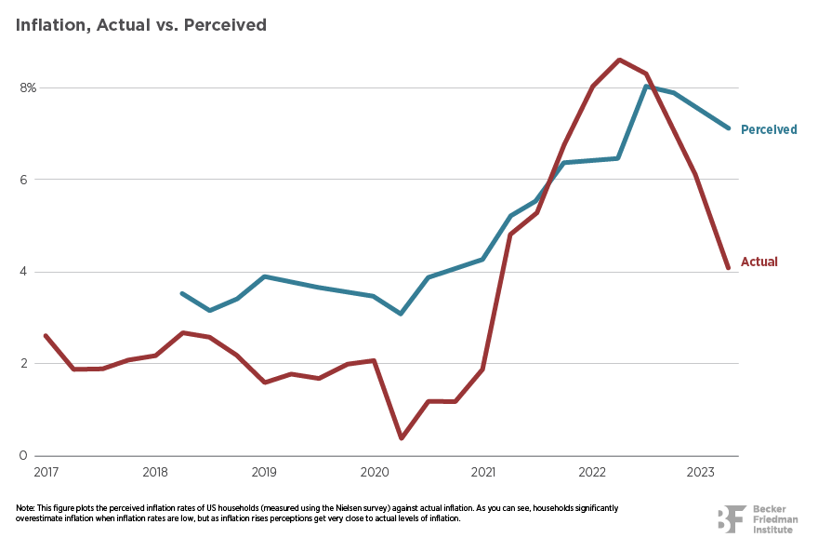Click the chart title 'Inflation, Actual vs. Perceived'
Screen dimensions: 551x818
click(141, 25)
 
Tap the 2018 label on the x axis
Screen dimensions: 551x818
click(154, 472)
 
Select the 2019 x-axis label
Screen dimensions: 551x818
click(264, 472)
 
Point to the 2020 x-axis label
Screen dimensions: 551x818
click(374, 472)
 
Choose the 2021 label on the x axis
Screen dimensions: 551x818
click(483, 472)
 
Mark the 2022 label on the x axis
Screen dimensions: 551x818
click(593, 472)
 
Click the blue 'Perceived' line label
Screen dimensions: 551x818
click(769, 129)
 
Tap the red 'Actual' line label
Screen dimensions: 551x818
click(759, 262)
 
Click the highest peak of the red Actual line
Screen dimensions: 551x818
click(619, 60)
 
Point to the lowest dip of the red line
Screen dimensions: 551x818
click(401, 437)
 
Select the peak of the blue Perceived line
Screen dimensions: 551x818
click(646, 87)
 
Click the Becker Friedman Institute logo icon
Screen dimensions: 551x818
click(731, 519)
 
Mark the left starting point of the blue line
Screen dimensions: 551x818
click(181, 293)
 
